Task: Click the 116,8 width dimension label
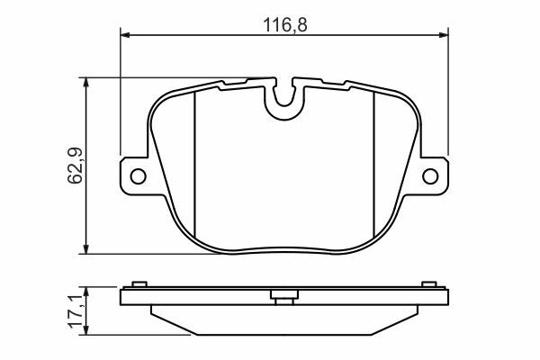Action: click(284, 25)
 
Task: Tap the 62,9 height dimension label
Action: click(75, 166)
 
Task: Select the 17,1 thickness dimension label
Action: click(76, 311)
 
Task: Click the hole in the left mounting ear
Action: click(138, 176)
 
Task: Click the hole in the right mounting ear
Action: click(430, 176)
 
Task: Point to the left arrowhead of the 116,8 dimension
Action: click(125, 35)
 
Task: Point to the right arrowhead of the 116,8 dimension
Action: click(444, 35)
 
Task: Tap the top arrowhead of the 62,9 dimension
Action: click(86, 82)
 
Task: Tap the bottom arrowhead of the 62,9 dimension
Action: click(86, 249)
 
